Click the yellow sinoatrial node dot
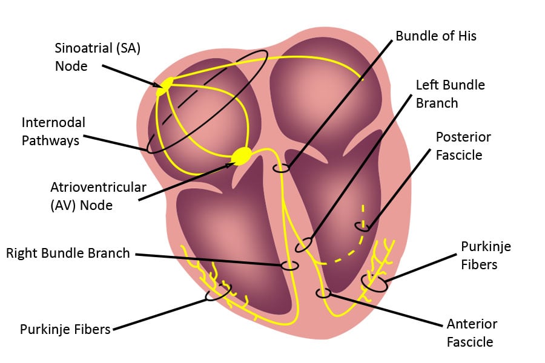pyautogui.click(x=164, y=87)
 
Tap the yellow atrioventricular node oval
pyautogui.click(x=242, y=155)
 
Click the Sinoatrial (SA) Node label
pyautogui.click(x=97, y=57)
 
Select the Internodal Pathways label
pyautogui.click(x=53, y=131)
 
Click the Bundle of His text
pyautogui.click(x=436, y=36)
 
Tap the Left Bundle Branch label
pyautogui.click(x=450, y=94)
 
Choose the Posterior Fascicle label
pyautogui.click(x=463, y=146)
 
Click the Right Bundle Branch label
pyautogui.click(x=68, y=253)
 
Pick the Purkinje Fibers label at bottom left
pyautogui.click(x=65, y=329)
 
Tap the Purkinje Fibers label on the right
pyautogui.click(x=486, y=255)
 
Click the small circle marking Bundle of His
pyautogui.click(x=280, y=168)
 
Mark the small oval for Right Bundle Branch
pyautogui.click(x=290, y=265)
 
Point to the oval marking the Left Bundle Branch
pyautogui.click(x=303, y=244)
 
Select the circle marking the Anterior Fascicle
pyautogui.click(x=324, y=293)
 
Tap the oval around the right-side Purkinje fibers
pyautogui.click(x=374, y=283)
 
